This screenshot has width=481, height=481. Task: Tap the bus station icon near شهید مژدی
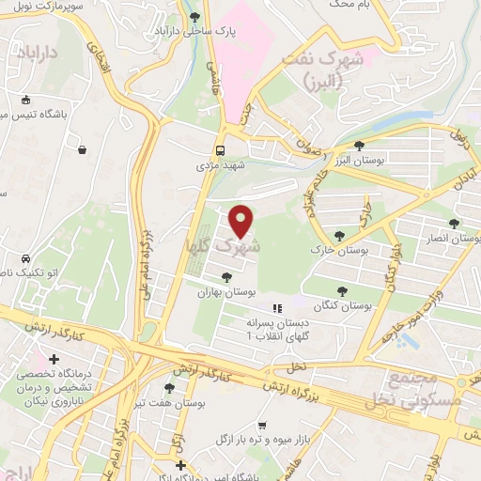(220, 150)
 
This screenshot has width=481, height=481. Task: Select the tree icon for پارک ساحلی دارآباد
(194, 17)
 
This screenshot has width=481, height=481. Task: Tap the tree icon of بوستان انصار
(455, 224)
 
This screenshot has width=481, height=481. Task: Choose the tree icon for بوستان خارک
(339, 236)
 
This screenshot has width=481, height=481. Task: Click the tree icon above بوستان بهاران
(225, 276)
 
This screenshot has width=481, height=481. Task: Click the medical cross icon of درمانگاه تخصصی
(54, 360)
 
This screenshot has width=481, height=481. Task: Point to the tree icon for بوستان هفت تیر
(169, 387)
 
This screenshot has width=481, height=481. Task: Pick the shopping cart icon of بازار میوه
(263, 425)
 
